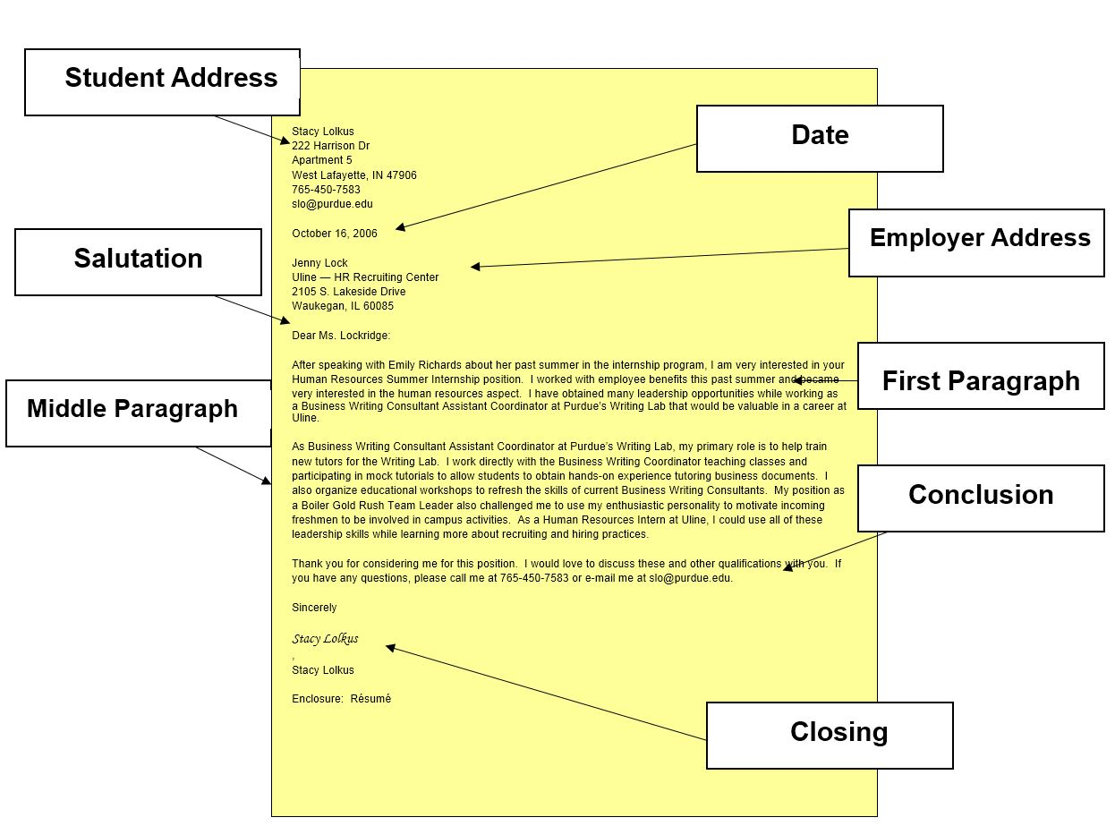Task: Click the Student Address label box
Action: pyautogui.click(x=162, y=82)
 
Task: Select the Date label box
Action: pyautogui.click(x=820, y=138)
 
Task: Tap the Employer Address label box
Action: pyautogui.click(x=976, y=243)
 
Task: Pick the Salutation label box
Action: pyautogui.click(x=138, y=262)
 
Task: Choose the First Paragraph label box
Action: pyautogui.click(x=980, y=376)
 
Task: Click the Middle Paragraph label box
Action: pyautogui.click(x=138, y=413)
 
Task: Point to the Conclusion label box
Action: pyautogui.click(x=980, y=498)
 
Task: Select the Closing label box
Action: pyautogui.click(x=830, y=735)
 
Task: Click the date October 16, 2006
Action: pyautogui.click(x=335, y=234)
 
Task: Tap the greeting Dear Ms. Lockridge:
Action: pyautogui.click(x=341, y=336)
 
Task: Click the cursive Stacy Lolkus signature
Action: pyautogui.click(x=325, y=638)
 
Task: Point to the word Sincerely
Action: pyautogui.click(x=314, y=608)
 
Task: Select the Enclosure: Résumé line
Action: pyautogui.click(x=341, y=698)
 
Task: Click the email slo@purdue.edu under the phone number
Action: pyautogui.click(x=332, y=204)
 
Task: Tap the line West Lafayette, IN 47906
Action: pyautogui.click(x=353, y=175)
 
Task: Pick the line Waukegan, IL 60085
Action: pyautogui.click(x=343, y=306)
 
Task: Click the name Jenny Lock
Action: pyautogui.click(x=319, y=262)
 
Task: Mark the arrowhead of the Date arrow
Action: pyautogui.click(x=400, y=227)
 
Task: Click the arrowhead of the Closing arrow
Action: pyautogui.click(x=390, y=648)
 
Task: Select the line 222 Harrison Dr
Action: pyautogui.click(x=331, y=146)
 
